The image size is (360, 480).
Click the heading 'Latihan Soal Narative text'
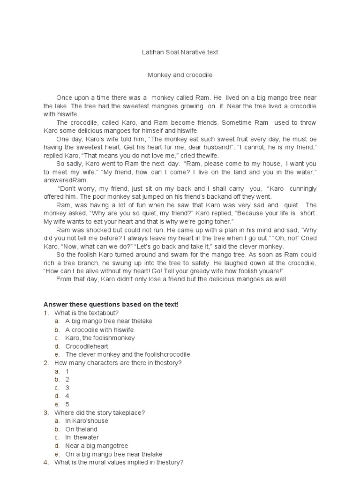180,52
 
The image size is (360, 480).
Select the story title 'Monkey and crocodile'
180,75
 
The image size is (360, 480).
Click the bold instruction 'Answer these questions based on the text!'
111,304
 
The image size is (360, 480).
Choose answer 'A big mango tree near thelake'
109,321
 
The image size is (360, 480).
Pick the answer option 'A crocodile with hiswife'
99,330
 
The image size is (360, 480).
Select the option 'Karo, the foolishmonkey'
100,338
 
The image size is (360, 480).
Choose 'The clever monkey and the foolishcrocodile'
127,355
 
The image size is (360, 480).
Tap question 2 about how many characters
118,363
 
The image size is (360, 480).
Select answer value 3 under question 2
67,388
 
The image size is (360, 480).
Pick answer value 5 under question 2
67,404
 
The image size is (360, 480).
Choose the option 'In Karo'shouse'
87,421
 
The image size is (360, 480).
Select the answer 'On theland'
82,429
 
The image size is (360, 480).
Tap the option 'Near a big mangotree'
97,446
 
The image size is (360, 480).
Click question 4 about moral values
119,462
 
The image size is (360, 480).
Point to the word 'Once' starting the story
64,97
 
